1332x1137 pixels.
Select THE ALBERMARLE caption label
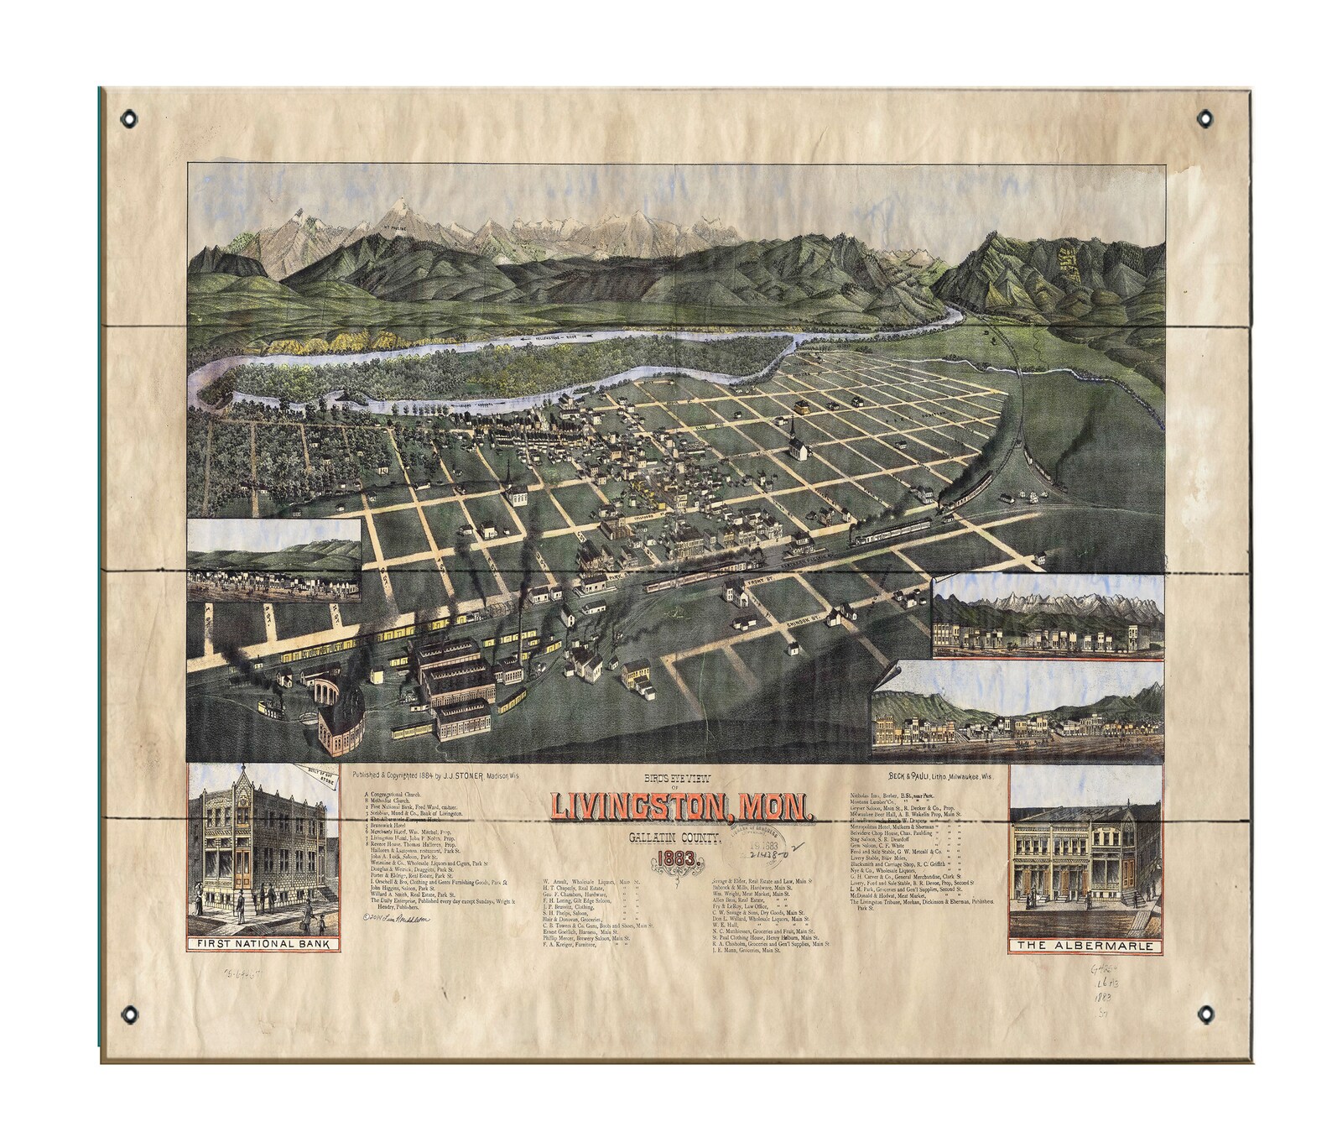pyautogui.click(x=1089, y=946)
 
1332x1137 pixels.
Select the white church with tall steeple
pyautogui.click(x=796, y=442)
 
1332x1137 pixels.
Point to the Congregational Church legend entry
pyautogui.click(x=399, y=793)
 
